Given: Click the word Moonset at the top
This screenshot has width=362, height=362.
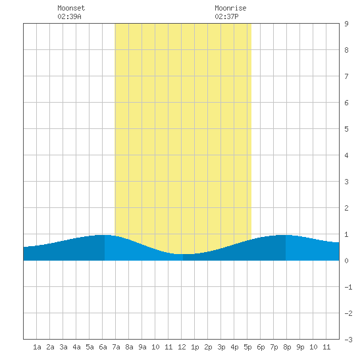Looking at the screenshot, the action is pyautogui.click(x=71, y=8).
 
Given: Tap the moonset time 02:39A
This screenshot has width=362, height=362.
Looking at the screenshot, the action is pyautogui.click(x=69, y=16).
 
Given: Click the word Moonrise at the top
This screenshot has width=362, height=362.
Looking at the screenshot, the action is pyautogui.click(x=230, y=8).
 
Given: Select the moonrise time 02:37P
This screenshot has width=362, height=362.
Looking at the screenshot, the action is pyautogui.click(x=226, y=16).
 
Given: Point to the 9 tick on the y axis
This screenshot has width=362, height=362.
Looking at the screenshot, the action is pyautogui.click(x=346, y=24).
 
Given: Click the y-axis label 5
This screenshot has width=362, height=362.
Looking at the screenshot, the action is pyautogui.click(x=346, y=129).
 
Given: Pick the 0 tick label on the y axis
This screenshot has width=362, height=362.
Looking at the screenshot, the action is pyautogui.click(x=346, y=261).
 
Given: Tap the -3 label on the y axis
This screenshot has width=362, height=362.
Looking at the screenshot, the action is pyautogui.click(x=348, y=340).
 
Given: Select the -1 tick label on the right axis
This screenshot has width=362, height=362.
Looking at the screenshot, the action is pyautogui.click(x=348, y=287).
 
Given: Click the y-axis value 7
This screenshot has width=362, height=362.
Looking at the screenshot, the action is pyautogui.click(x=346, y=76).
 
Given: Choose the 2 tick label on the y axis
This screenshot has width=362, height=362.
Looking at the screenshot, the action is pyautogui.click(x=346, y=208).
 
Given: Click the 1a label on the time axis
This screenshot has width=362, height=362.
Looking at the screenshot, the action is pyautogui.click(x=37, y=347).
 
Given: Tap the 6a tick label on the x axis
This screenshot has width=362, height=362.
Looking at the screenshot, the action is pyautogui.click(x=103, y=347).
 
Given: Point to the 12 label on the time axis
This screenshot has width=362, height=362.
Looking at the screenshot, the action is pyautogui.click(x=182, y=347).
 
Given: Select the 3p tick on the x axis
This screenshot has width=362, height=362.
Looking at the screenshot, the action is pyautogui.click(x=221, y=347).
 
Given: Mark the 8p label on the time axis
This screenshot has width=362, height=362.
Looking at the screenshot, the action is pyautogui.click(x=287, y=347).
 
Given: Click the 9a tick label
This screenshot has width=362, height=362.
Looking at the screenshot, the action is pyautogui.click(x=142, y=347).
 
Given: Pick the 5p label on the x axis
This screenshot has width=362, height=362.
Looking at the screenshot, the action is pyautogui.click(x=247, y=347).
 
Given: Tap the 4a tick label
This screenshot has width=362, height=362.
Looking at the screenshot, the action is pyautogui.click(x=76, y=347).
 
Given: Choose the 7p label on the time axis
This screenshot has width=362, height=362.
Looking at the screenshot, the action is pyautogui.click(x=274, y=347).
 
